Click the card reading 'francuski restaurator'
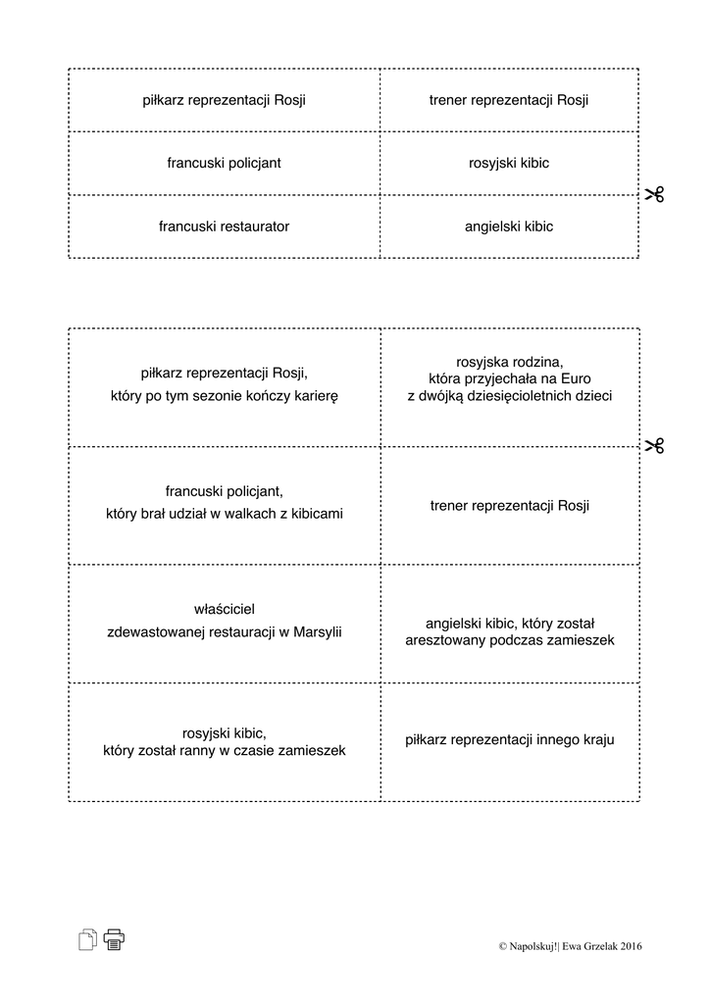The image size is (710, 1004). point(224,226)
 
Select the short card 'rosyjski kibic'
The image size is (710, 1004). point(509,163)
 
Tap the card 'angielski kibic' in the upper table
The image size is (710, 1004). point(509,226)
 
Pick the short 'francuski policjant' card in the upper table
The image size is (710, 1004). point(224,163)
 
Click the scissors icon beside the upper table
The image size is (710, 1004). point(654,194)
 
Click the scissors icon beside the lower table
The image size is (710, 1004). point(654,446)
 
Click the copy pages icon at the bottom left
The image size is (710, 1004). point(87,939)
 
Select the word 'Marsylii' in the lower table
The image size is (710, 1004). point(316,631)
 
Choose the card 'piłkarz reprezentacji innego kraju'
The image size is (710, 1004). point(509,740)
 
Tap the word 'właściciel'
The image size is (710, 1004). point(225,609)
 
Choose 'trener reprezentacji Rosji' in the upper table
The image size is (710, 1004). point(509,100)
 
